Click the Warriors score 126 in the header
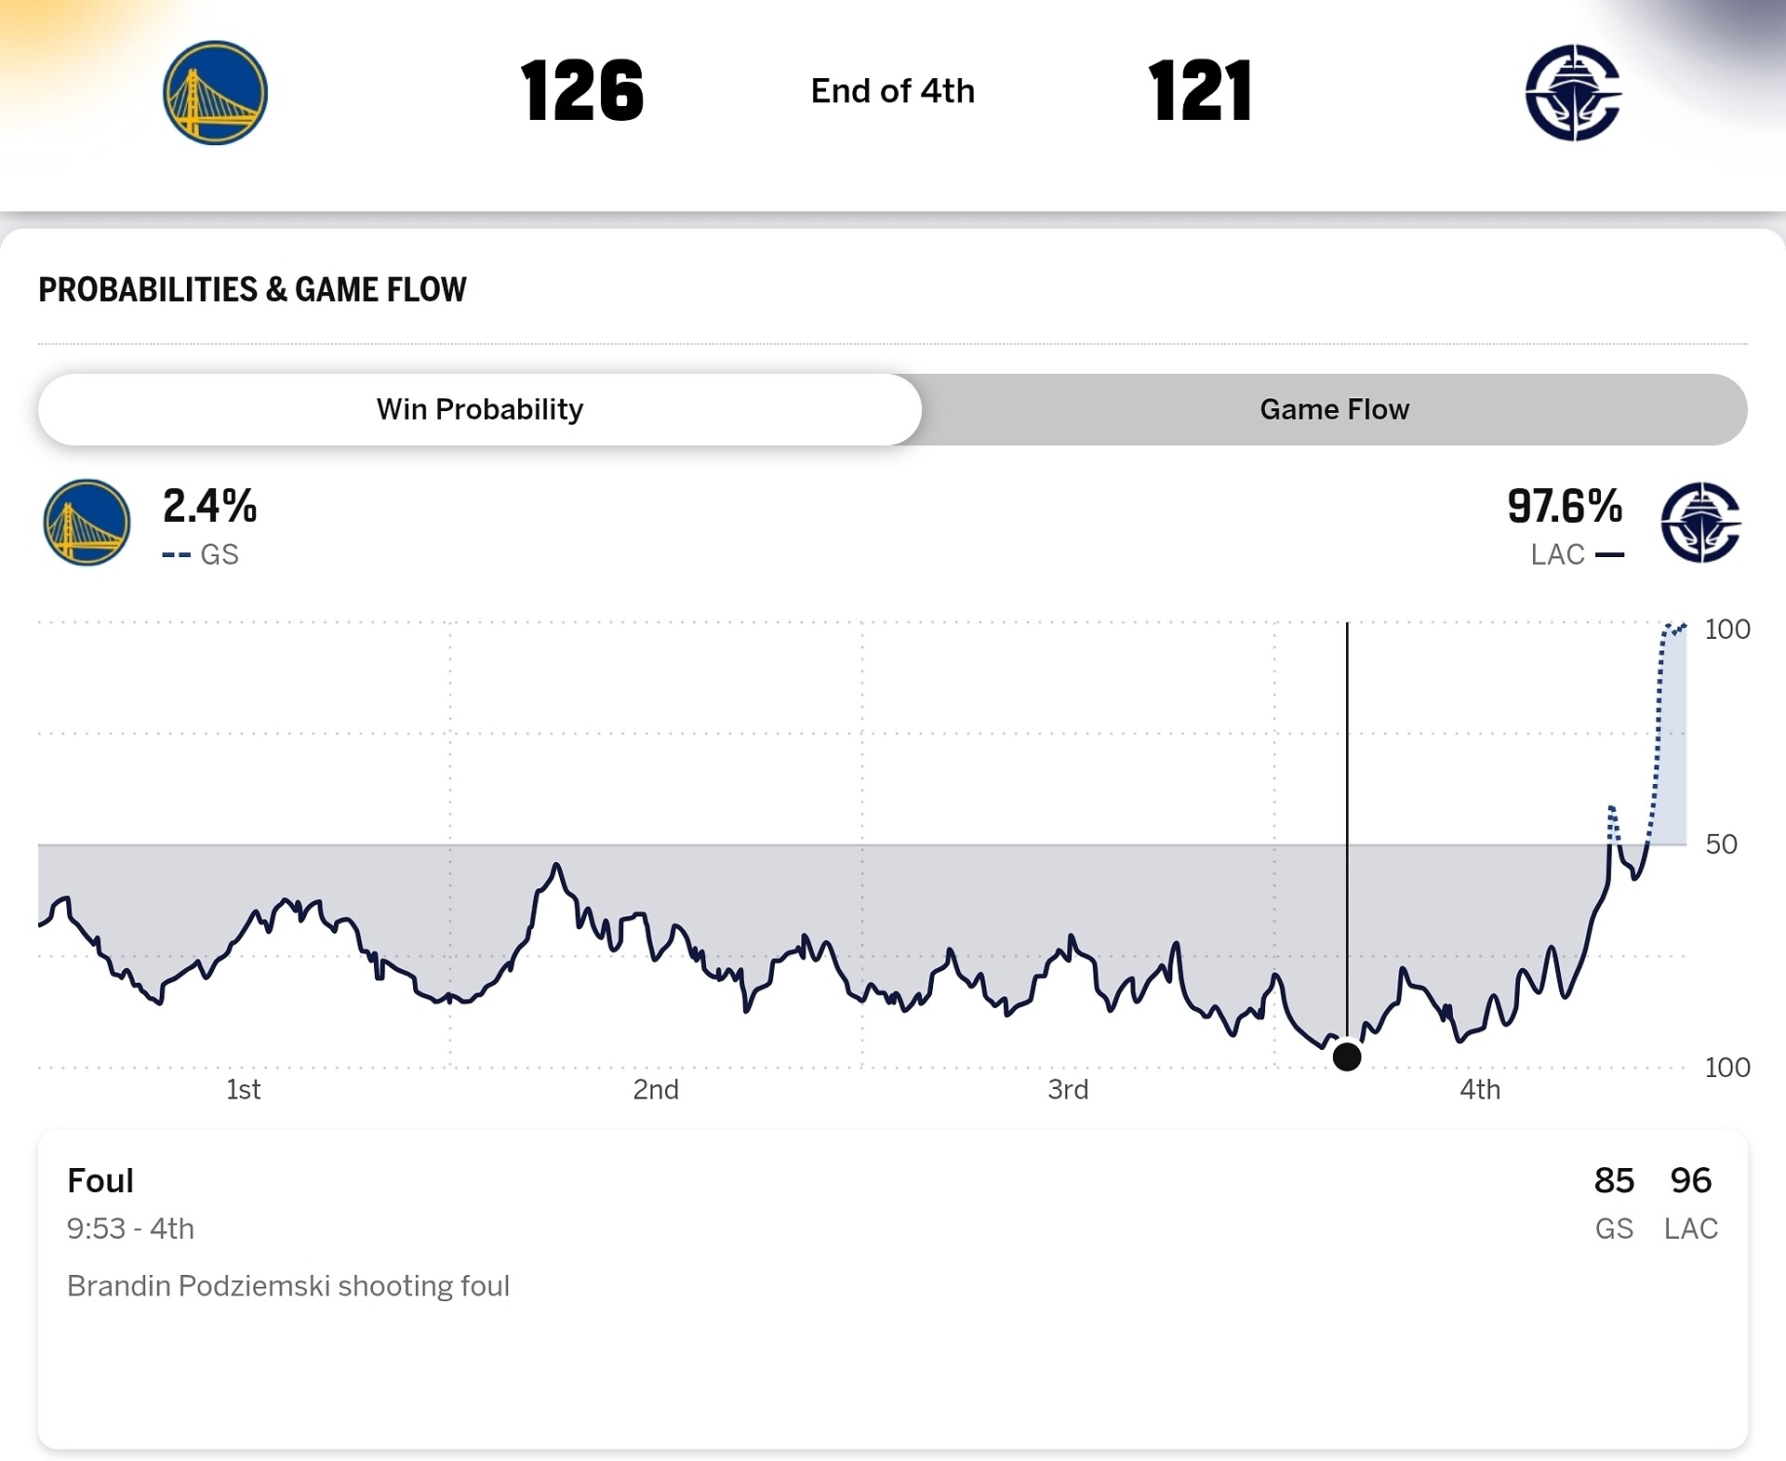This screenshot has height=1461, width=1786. pos(581,91)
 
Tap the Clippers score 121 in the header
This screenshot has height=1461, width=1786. pos(1200,91)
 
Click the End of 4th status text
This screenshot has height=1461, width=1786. pos(893,91)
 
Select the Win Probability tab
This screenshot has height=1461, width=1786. pos(480,409)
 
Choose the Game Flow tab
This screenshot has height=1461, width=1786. pos(1334,409)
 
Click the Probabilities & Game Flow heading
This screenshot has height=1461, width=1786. pos(252,289)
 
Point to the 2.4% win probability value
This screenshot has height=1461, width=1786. pos(209,507)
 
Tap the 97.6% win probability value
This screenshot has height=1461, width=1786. pos(1565,507)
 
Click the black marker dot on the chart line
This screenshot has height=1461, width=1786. pos(1347,1056)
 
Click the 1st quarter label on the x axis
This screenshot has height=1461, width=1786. pos(244,1089)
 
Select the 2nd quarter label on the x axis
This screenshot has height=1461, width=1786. pos(656,1089)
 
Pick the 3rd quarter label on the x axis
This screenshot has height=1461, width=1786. pos(1068,1089)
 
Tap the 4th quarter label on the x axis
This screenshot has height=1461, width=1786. pos(1480,1089)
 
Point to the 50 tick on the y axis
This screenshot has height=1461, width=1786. pos(1721,844)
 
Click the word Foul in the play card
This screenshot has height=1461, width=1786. pos(100,1180)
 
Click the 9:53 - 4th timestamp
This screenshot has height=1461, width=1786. pos(130,1229)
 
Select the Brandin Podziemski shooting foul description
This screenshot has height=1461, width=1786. pos(288,1286)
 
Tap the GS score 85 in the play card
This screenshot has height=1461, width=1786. pos(1614,1180)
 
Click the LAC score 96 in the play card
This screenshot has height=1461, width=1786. pos(1690,1180)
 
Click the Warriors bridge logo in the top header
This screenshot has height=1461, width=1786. pos(215,92)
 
